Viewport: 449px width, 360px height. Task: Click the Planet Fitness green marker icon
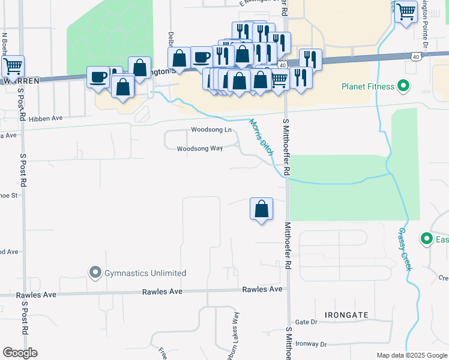(403, 86)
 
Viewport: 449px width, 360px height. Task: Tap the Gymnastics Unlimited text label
(145, 273)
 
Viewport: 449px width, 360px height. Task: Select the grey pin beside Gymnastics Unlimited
(95, 273)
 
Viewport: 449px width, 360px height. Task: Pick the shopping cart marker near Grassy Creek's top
(406, 11)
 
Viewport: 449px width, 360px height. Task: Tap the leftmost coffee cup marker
(98, 77)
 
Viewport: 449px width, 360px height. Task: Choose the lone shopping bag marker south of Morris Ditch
(261, 209)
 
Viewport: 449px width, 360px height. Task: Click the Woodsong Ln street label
(211, 130)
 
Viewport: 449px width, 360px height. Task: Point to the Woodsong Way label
(200, 149)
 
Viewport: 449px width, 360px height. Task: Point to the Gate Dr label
(306, 322)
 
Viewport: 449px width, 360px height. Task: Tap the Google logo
(20, 353)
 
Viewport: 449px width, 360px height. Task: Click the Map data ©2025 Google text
(412, 355)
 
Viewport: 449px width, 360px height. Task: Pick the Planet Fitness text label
(367, 86)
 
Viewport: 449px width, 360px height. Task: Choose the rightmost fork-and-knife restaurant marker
(310, 59)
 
